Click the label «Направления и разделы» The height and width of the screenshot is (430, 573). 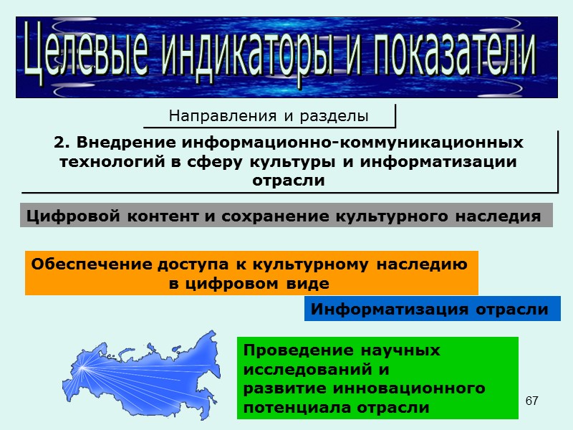(268, 115)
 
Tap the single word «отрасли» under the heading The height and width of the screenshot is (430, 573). (289, 181)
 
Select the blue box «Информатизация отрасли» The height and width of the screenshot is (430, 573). (429, 310)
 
